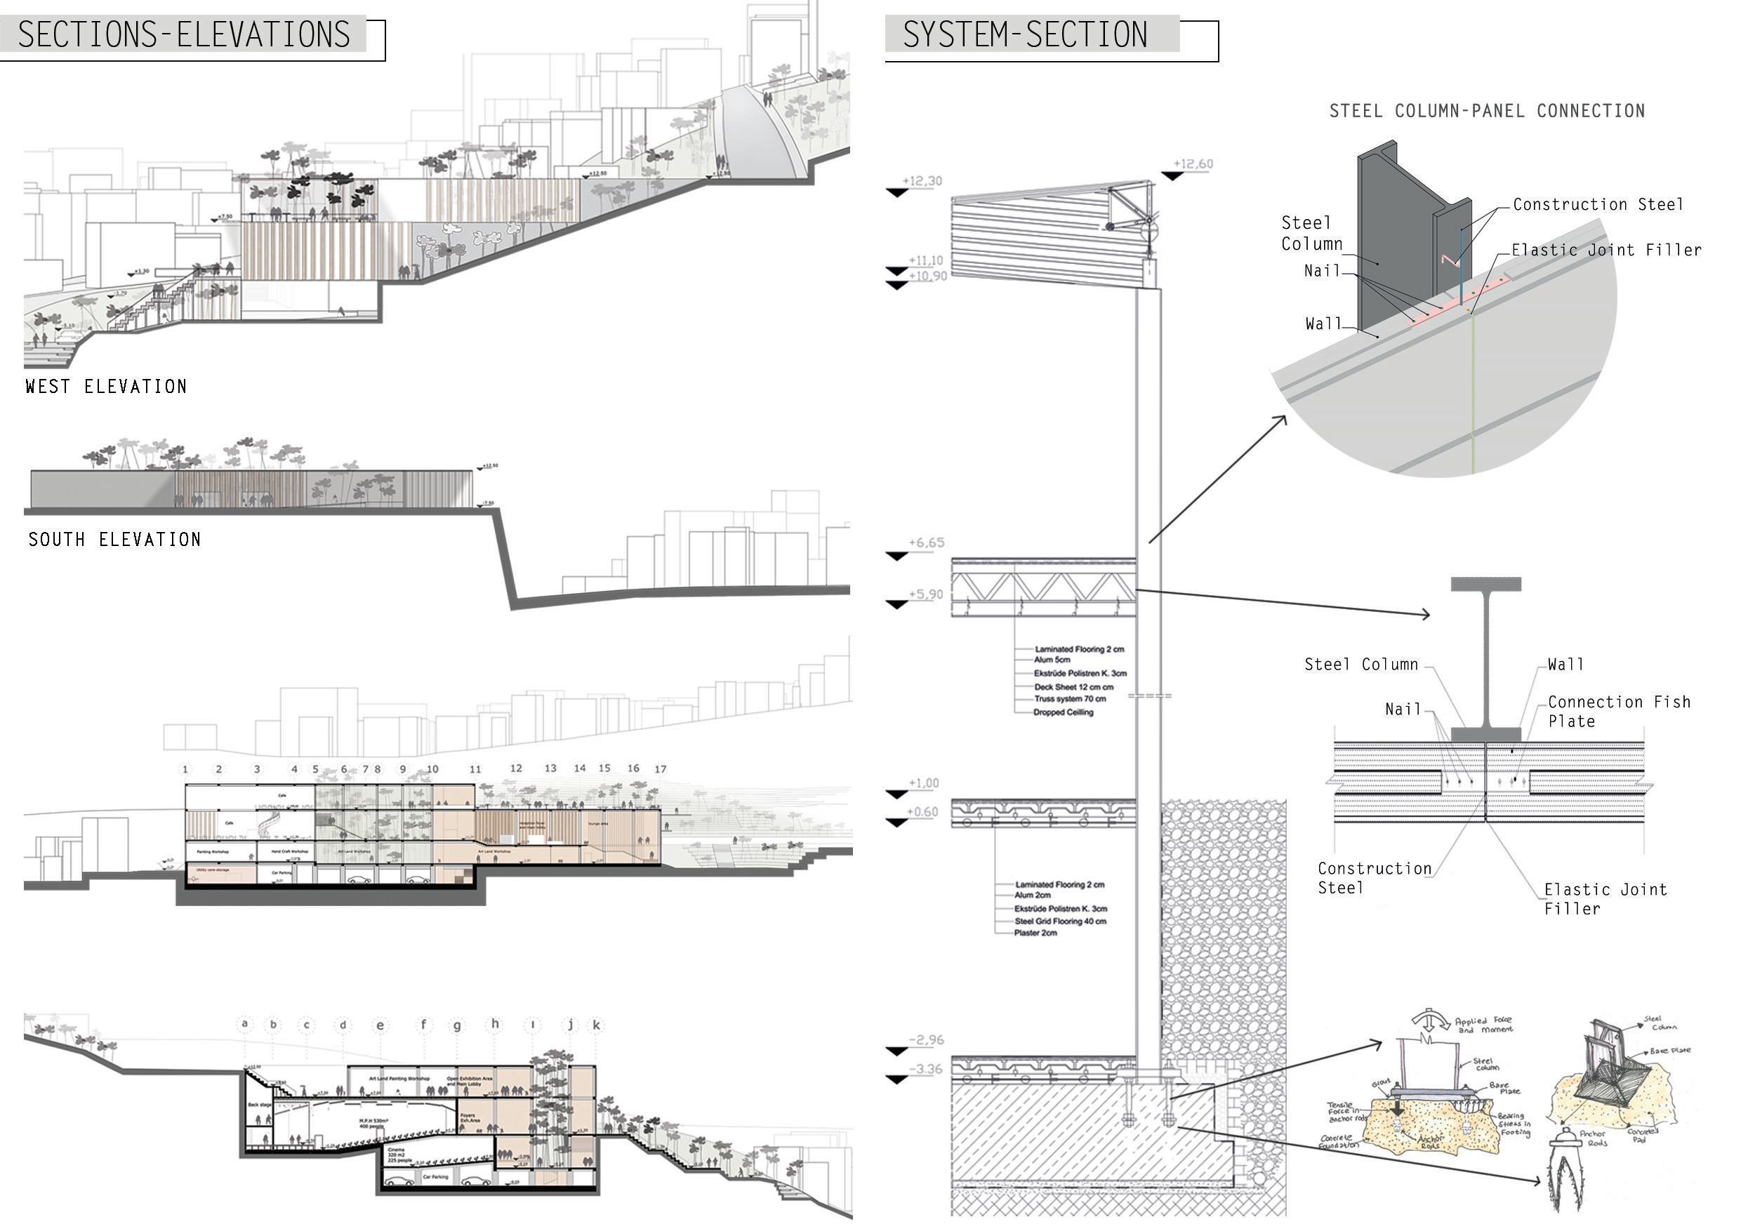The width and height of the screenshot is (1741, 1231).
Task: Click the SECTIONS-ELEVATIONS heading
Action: (x=183, y=35)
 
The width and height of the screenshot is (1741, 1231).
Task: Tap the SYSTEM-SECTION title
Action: (x=1024, y=35)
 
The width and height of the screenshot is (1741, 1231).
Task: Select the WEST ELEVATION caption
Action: (x=106, y=387)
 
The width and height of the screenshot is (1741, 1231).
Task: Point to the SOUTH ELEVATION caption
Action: (x=114, y=540)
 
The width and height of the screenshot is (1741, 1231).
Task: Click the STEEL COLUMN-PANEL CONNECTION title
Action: (x=1487, y=112)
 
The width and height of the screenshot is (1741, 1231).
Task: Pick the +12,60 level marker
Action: (x=1193, y=164)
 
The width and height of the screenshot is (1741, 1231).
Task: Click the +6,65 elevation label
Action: (x=927, y=543)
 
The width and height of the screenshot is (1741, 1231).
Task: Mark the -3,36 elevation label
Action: (x=925, y=1070)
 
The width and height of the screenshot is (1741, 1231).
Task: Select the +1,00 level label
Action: (x=924, y=783)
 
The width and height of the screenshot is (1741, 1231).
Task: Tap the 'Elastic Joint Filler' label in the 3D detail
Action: (x=1606, y=250)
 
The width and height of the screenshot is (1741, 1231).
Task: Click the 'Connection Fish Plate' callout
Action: (x=1618, y=711)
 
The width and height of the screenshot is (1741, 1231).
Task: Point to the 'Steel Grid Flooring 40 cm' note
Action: (x=1060, y=921)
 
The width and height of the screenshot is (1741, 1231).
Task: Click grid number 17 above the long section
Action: (x=661, y=768)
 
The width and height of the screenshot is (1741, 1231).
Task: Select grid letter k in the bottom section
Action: (x=597, y=1025)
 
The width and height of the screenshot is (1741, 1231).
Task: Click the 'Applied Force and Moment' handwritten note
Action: (x=1483, y=1025)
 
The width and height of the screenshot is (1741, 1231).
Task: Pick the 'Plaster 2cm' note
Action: (x=1035, y=933)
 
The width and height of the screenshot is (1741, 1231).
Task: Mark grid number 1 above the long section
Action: (x=185, y=768)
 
